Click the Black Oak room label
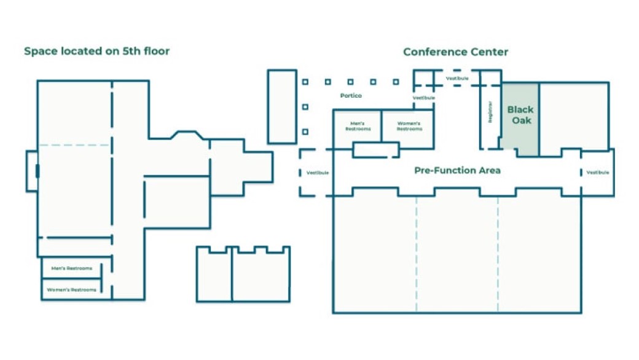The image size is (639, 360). click(520, 115)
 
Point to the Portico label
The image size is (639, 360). click(351, 96)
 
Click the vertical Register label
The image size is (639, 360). click(490, 112)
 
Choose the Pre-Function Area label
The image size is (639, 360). click(457, 170)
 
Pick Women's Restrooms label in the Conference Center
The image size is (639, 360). click(409, 127)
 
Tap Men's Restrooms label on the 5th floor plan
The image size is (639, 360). click(72, 268)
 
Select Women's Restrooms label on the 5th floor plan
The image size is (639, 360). click(72, 289)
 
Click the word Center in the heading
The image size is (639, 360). click(492, 52)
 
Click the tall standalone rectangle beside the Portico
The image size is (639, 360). click(282, 106)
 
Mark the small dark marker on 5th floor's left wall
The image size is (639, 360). click(38, 171)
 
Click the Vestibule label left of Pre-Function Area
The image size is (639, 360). click(318, 173)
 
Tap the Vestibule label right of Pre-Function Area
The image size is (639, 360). click(597, 173)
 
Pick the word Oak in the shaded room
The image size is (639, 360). click(521, 120)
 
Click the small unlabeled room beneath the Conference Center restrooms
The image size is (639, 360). click(375, 150)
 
